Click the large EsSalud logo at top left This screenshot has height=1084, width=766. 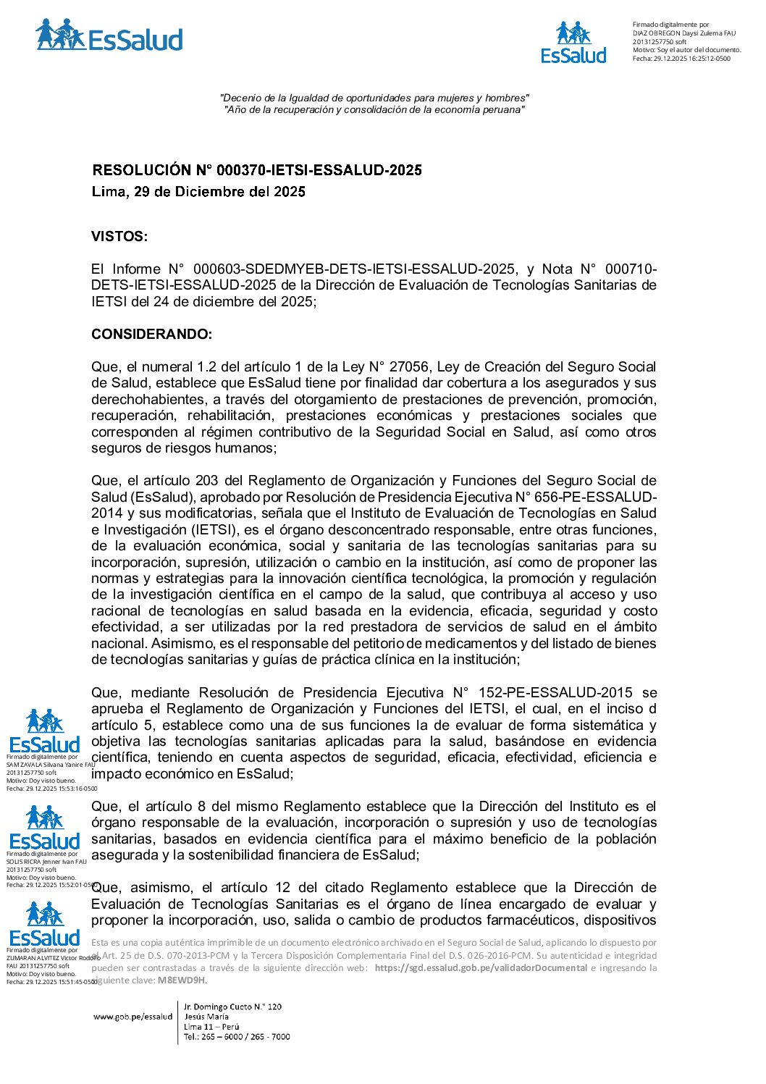(109, 36)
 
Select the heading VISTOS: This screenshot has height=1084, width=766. (119, 237)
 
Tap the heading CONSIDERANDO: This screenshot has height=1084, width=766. (152, 335)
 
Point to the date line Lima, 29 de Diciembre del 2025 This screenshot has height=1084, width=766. (198, 192)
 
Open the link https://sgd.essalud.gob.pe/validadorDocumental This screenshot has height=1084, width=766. (481, 968)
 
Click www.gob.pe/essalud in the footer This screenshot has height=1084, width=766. (133, 1017)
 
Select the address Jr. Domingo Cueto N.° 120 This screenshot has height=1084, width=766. (232, 1007)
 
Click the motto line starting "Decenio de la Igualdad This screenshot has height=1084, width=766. (374, 98)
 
